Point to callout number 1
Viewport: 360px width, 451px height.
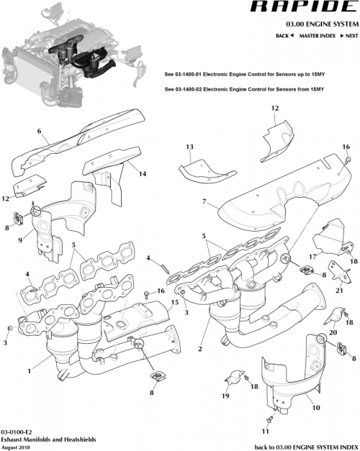(29, 371)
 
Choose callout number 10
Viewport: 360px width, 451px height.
(315, 408)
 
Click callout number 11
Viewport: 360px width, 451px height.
(265, 432)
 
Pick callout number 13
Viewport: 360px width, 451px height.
(189, 147)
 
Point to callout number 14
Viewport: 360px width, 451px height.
(143, 174)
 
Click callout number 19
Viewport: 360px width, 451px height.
(225, 396)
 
